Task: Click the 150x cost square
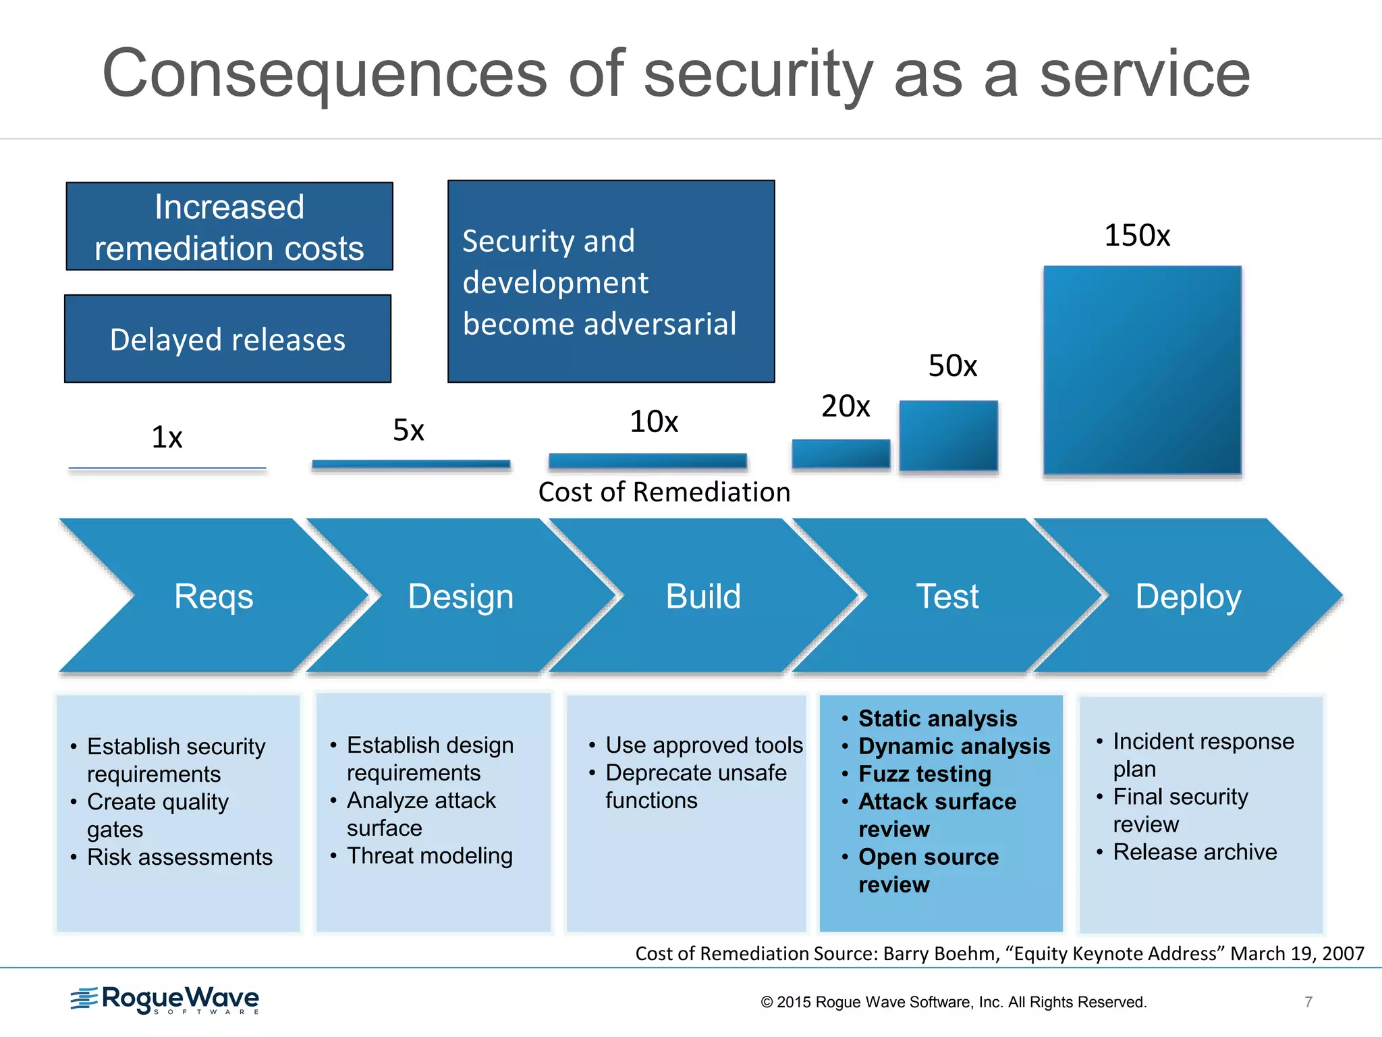point(1142,370)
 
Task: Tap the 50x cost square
point(948,435)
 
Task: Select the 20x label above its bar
point(846,406)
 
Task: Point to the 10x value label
point(653,422)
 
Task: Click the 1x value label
point(167,437)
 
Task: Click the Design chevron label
point(461,597)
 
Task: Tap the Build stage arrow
point(702,596)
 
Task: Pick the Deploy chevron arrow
point(1188,596)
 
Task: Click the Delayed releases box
point(228,339)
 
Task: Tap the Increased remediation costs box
point(229,227)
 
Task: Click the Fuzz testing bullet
point(924,774)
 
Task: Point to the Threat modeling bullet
point(429,856)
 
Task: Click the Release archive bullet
point(1194,852)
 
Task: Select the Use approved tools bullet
point(704,745)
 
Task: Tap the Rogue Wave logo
point(165,999)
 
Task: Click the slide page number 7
point(1308,1002)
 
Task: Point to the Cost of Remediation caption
point(664,492)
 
